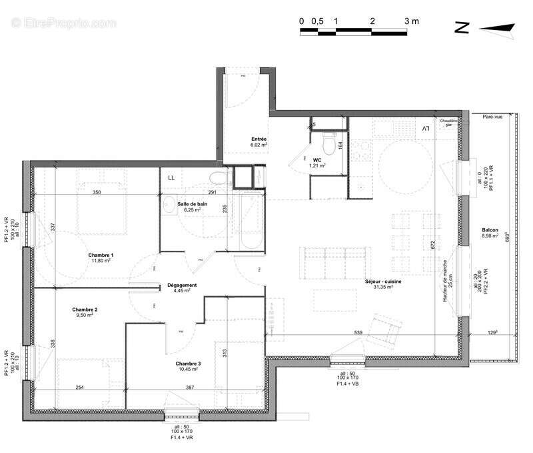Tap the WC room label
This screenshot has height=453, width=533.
coord(317,160)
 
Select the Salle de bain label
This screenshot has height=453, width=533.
coord(193,204)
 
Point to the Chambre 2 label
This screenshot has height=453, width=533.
coord(85,310)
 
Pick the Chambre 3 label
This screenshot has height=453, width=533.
coord(189,364)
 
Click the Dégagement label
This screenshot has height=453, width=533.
coord(183,285)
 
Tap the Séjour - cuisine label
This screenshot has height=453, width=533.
coord(382,282)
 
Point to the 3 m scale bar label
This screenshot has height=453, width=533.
coord(412,21)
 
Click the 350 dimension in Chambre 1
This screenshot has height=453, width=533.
coord(97,192)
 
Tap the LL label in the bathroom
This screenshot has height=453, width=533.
coord(171,177)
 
